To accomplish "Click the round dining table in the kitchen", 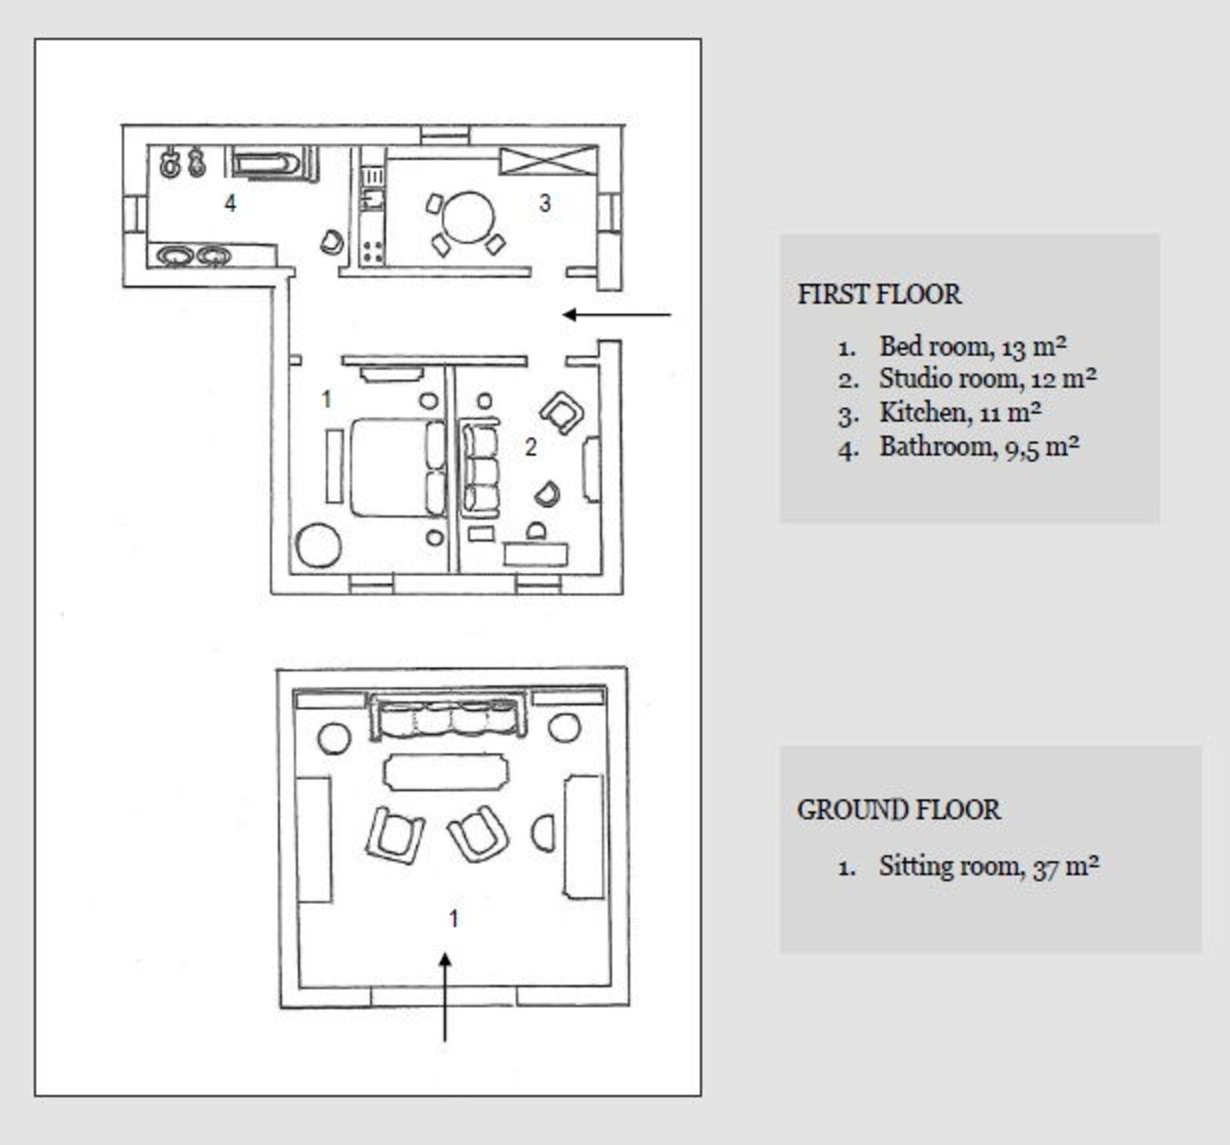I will click(x=468, y=217).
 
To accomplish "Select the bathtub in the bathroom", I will click(x=265, y=163).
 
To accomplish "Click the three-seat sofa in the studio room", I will click(x=480, y=469).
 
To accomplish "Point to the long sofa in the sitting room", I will click(x=448, y=718).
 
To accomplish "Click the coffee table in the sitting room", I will click(x=446, y=772).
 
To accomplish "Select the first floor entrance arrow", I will click(x=616, y=314).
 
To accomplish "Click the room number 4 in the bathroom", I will click(x=230, y=203).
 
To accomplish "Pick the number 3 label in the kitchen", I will click(x=545, y=203).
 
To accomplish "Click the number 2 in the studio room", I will click(x=530, y=447).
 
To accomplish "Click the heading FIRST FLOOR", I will click(x=879, y=295).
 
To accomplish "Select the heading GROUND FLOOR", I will click(x=898, y=810).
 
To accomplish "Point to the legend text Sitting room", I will click(x=948, y=866).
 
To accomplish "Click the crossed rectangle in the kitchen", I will click(x=548, y=160).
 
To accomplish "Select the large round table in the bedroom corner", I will click(x=318, y=546).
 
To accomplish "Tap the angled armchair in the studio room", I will click(x=562, y=412).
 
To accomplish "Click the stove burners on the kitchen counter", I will click(x=372, y=251).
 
